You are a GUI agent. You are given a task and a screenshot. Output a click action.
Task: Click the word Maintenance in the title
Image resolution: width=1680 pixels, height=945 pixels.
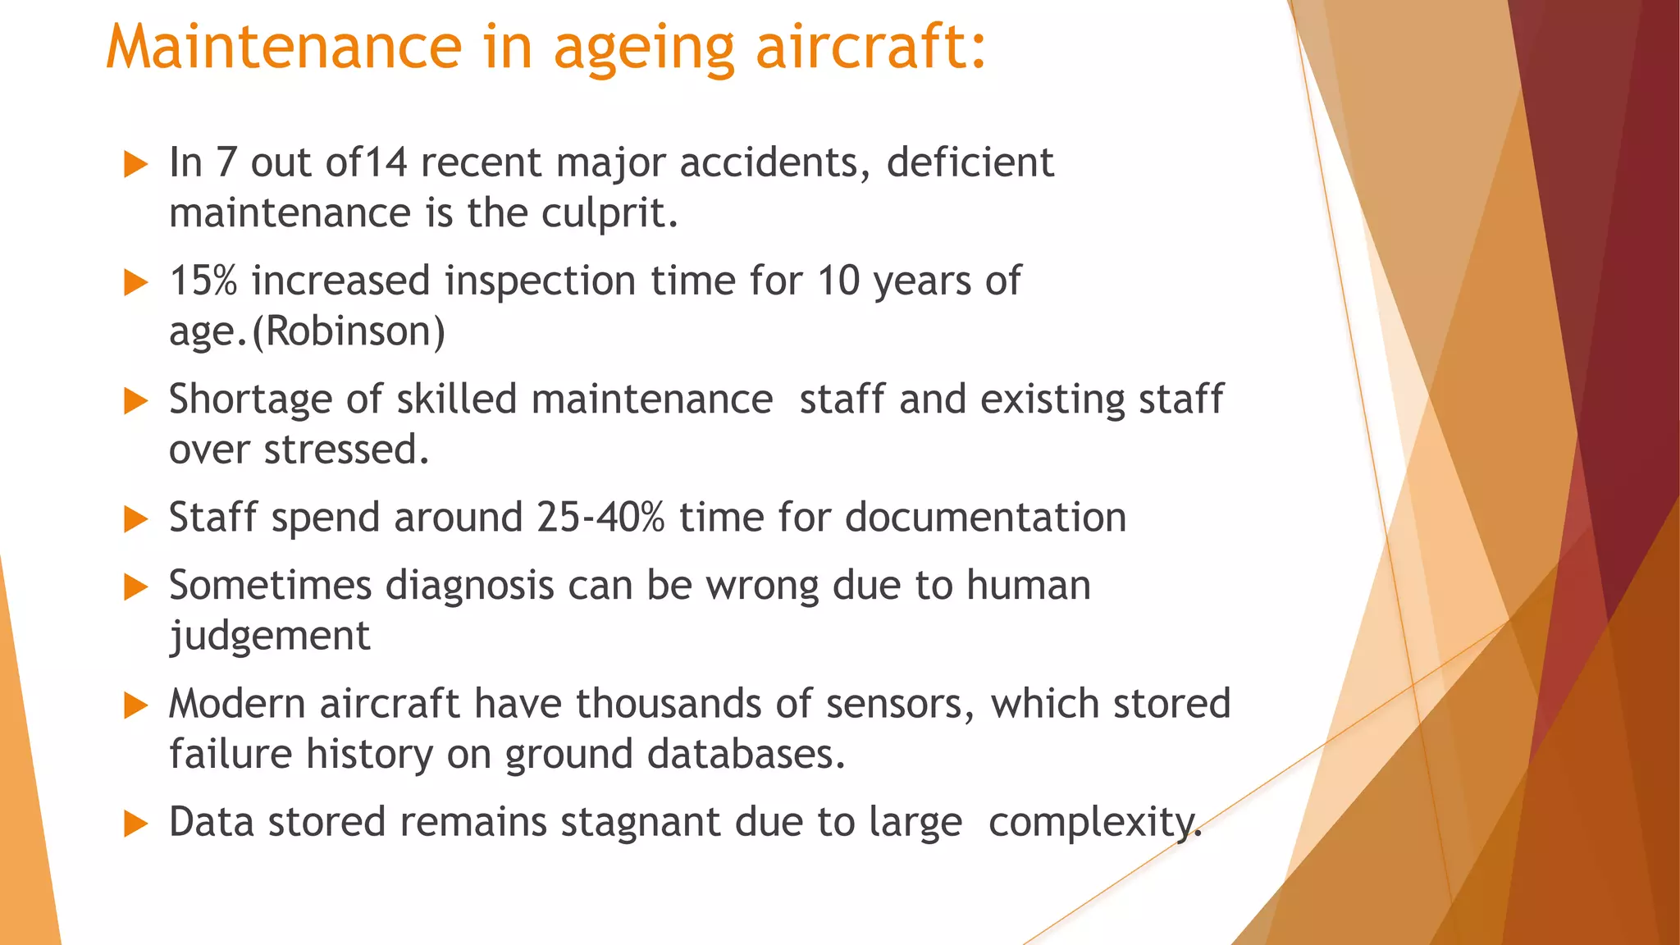click(284, 47)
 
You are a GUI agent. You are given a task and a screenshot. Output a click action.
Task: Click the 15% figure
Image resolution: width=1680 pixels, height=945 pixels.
click(203, 281)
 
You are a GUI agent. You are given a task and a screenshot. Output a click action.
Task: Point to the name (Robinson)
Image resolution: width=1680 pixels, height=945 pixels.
click(349, 331)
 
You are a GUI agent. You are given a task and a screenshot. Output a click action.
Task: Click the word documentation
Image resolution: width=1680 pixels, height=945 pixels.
click(985, 518)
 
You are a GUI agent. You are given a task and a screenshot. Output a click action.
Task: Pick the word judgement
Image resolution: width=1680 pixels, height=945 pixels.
click(269, 637)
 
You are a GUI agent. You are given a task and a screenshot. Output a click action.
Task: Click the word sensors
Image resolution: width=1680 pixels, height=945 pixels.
click(900, 704)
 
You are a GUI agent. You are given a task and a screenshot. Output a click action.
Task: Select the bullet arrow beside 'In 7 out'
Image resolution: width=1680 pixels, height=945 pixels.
click(135, 164)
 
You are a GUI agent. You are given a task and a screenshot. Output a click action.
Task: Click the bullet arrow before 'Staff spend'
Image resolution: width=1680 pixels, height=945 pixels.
click(135, 519)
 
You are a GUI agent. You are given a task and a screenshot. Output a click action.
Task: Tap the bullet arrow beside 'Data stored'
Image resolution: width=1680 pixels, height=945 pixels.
click(135, 824)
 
